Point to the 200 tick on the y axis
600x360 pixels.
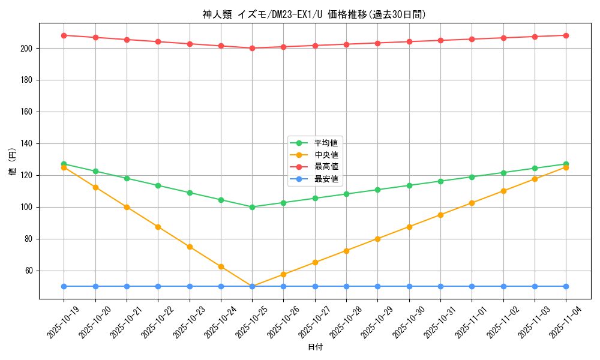point(28,48)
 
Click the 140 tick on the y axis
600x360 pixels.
point(28,143)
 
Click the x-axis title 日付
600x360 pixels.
point(314,347)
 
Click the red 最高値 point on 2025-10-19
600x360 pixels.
point(64,35)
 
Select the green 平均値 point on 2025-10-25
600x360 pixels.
point(252,207)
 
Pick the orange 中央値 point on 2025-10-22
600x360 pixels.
point(158,227)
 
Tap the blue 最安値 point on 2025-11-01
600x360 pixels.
point(472,286)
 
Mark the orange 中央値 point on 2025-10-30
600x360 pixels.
point(409,227)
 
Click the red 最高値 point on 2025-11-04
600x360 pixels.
point(566,35)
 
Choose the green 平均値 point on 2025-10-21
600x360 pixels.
point(127,178)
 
